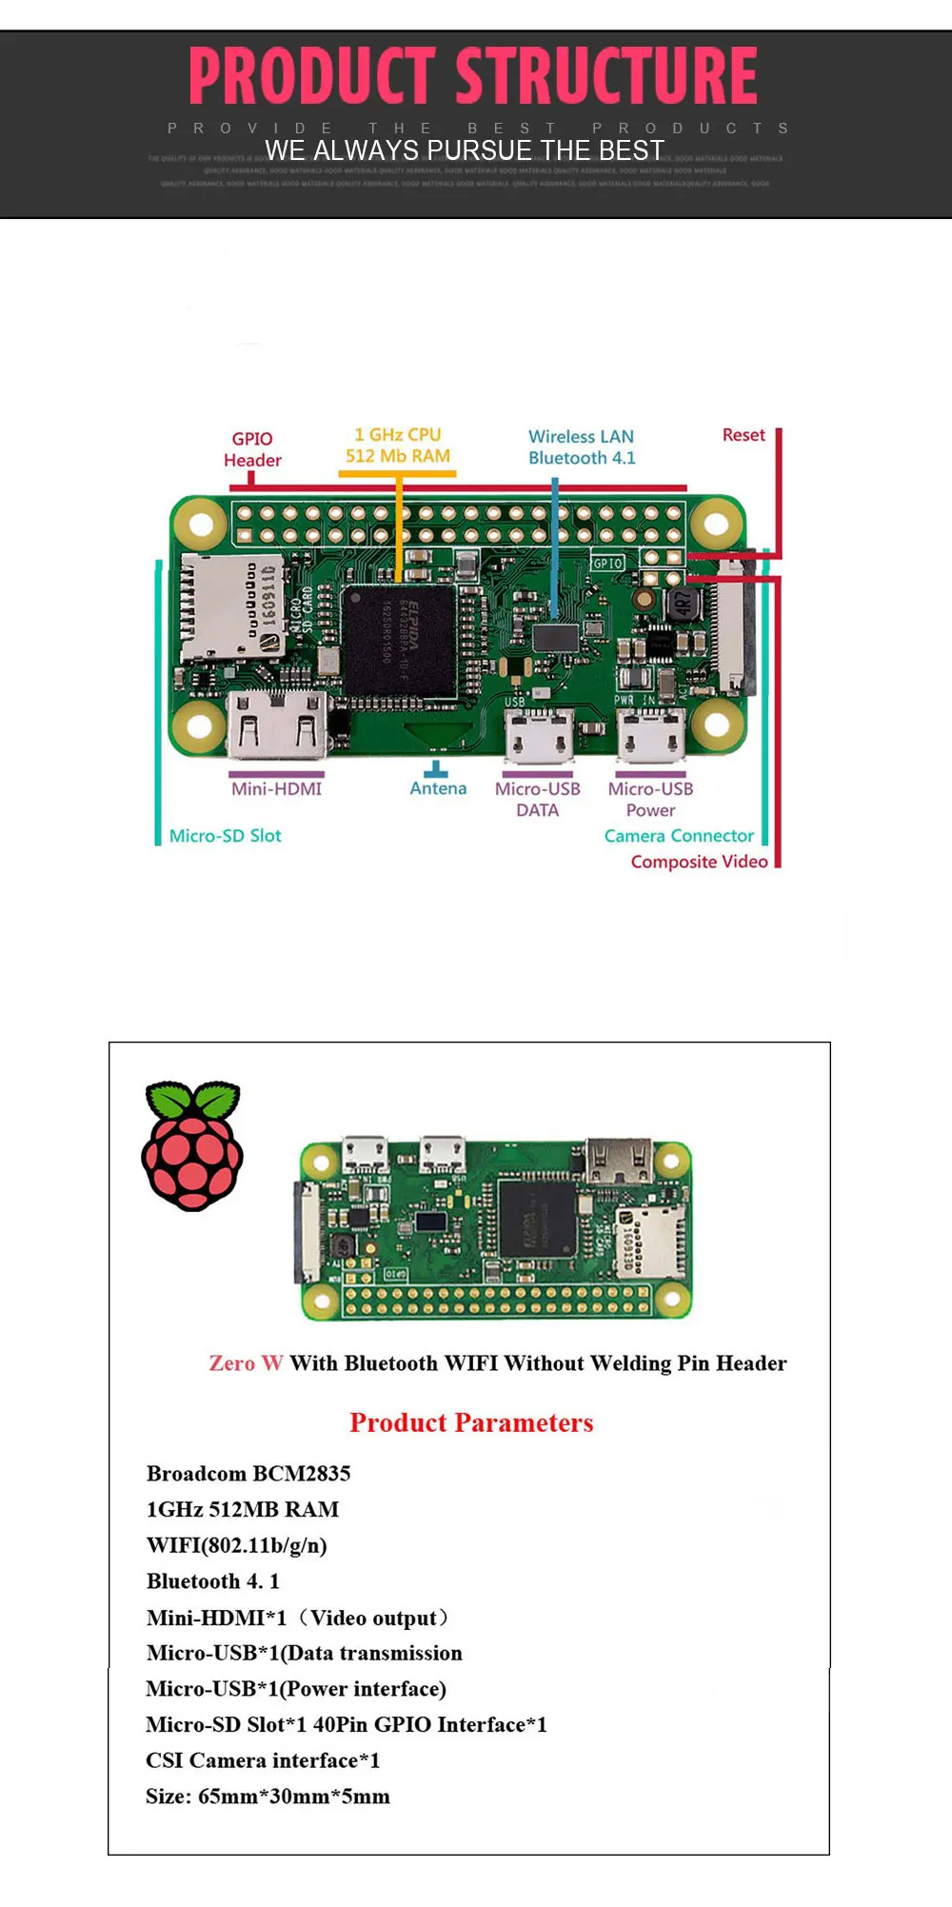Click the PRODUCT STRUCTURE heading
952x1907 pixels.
(x=473, y=76)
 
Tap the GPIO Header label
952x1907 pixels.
(x=252, y=449)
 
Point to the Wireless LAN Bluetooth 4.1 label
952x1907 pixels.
(x=582, y=447)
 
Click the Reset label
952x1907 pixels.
(x=744, y=435)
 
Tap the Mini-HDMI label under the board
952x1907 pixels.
(x=276, y=789)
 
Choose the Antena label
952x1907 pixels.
(x=438, y=788)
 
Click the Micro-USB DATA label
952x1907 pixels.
(x=538, y=800)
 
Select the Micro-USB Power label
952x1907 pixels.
(x=651, y=800)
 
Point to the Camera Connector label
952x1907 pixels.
(x=679, y=836)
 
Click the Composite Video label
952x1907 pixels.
(x=699, y=862)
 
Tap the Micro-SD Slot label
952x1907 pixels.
(x=226, y=836)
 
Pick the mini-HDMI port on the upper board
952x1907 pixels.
(x=278, y=725)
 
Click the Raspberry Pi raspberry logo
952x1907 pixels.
(x=192, y=1146)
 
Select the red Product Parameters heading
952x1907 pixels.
(x=471, y=1422)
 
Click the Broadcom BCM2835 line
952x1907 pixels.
(x=248, y=1474)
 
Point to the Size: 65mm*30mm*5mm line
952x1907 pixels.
(x=268, y=1797)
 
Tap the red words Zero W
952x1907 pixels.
(x=246, y=1363)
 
